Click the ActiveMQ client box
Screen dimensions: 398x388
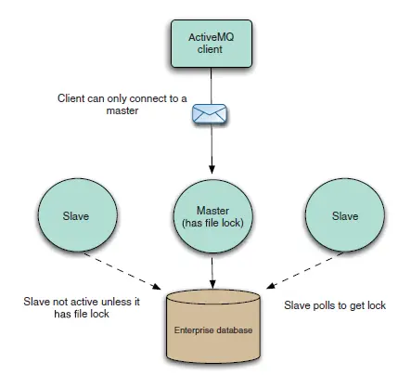pos(212,44)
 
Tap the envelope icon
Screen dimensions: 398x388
pos(210,114)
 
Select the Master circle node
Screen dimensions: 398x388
pos(212,216)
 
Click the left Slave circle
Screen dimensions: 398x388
pos(77,215)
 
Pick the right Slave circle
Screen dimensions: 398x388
pos(345,215)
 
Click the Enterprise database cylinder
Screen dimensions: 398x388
pos(213,326)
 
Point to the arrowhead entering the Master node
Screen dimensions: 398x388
pos(212,170)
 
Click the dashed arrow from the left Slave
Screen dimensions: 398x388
pos(122,271)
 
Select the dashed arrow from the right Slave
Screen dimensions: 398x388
pos(305,271)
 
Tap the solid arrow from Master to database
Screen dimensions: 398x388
pos(212,273)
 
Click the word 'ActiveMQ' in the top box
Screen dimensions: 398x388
pos(212,37)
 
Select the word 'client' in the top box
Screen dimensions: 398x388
pos(210,49)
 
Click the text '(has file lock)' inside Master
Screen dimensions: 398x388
pos(212,223)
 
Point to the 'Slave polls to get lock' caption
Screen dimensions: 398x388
pos(335,305)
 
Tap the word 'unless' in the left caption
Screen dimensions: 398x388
pos(114,302)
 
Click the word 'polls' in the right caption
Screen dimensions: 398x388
pos(324,305)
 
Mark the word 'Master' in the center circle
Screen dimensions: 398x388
pos(212,211)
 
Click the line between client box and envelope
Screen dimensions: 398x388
pos(212,86)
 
